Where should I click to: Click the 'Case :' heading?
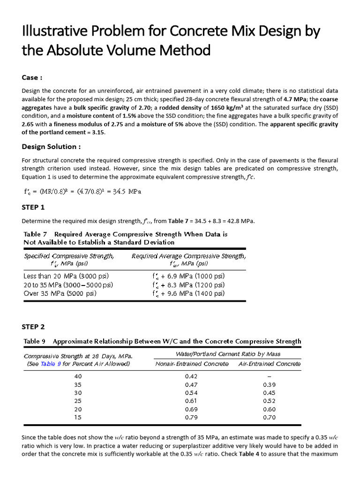click(x=32, y=77)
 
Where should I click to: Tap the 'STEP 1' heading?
click(x=33, y=207)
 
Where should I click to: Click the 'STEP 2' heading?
click(x=33, y=326)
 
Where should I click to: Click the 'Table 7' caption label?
click(x=36, y=234)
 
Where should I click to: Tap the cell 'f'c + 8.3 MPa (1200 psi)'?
click(x=188, y=285)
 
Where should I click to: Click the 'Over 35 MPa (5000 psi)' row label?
click(x=60, y=293)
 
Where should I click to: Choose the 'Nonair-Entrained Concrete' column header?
click(x=192, y=363)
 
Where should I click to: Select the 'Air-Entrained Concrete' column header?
click(x=270, y=363)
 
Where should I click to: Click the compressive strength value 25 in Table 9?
click(x=78, y=401)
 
